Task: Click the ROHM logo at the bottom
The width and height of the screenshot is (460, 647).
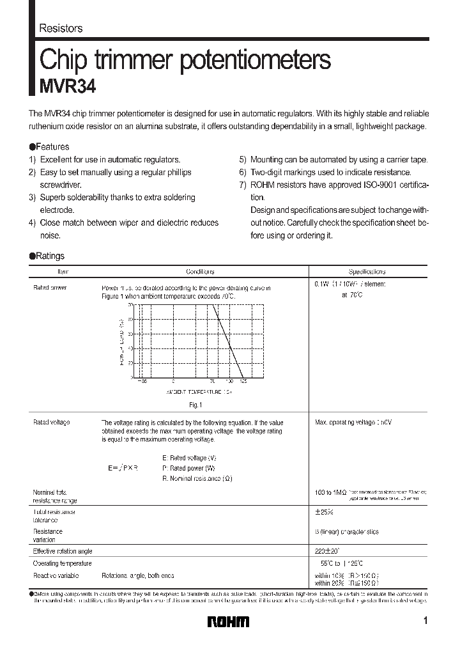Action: pos(227,621)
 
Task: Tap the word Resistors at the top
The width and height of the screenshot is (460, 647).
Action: pos(61,28)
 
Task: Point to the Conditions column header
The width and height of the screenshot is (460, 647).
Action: pos(200,272)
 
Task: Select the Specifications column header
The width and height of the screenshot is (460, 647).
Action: pos(367,272)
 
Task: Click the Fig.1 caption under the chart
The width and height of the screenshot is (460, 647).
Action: pos(195,405)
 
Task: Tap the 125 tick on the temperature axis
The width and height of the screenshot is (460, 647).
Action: pos(243,382)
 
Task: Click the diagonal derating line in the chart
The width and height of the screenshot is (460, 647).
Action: pos(230,342)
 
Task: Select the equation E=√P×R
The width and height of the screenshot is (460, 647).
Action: pos(123,468)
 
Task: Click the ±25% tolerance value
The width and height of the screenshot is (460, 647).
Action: pos(325,512)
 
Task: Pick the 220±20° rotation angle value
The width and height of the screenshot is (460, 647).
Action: pos(327,550)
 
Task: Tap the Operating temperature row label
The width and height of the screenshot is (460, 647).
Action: pos(62,563)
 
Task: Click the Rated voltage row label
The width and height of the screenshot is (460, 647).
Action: pos(51,423)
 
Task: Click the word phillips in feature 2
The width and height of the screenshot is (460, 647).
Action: pos(178,172)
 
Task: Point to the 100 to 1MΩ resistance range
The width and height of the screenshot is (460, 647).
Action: pos(330,492)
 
